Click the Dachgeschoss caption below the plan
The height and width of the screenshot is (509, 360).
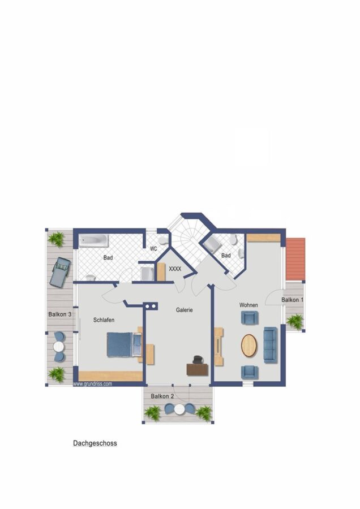(x=95, y=443)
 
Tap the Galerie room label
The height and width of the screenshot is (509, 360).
(x=184, y=310)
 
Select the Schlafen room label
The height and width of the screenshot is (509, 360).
(x=104, y=320)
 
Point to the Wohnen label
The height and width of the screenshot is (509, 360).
(x=248, y=305)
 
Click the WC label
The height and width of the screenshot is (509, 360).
(x=153, y=249)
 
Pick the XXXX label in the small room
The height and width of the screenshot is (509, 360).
(x=175, y=269)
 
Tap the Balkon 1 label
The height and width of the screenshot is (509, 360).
(x=293, y=300)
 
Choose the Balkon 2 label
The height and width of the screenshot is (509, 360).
(x=162, y=396)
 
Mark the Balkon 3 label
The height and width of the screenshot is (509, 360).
(x=60, y=314)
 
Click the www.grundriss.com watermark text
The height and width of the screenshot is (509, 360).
(x=93, y=383)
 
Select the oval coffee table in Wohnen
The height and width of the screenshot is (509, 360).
(x=249, y=346)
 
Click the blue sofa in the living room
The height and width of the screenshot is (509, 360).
(x=270, y=345)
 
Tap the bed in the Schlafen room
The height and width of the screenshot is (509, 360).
(x=125, y=344)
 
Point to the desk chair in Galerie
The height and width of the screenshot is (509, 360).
(x=197, y=360)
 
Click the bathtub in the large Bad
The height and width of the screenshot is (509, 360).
(x=93, y=240)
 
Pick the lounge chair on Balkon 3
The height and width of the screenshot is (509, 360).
(x=60, y=271)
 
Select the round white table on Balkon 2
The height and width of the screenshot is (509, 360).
(x=179, y=409)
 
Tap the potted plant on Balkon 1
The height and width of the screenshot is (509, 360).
(x=295, y=321)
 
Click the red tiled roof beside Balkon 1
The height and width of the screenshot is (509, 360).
(x=295, y=258)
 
